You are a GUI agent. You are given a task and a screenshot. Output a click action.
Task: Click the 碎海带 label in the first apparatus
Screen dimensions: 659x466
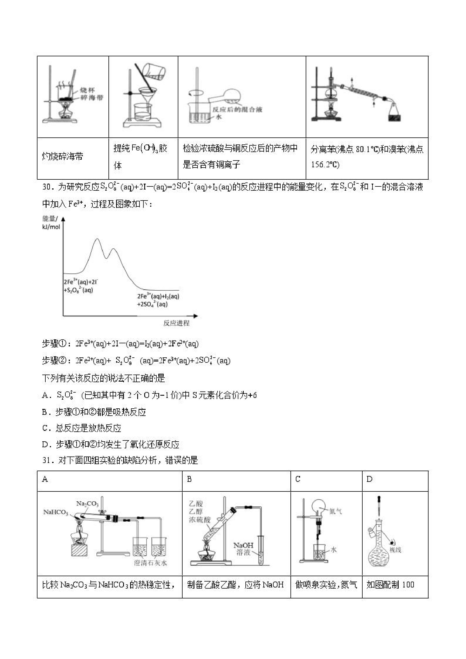click(92, 98)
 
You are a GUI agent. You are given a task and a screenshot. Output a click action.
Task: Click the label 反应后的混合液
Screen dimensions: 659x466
click(237, 109)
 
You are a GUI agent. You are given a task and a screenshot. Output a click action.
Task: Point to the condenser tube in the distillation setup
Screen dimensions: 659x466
click(363, 92)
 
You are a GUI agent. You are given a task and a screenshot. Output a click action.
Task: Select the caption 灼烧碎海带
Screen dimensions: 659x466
click(63, 156)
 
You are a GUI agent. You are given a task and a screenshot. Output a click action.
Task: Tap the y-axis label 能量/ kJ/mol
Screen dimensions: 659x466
click(51, 223)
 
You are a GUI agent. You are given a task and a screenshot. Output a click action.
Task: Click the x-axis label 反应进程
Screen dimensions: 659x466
click(176, 323)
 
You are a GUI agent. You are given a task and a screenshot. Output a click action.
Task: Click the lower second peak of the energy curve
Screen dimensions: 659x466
click(114, 249)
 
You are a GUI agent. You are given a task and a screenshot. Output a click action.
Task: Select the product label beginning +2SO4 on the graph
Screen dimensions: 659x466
click(152, 304)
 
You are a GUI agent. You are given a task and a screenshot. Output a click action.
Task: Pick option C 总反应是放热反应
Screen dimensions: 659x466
click(81, 428)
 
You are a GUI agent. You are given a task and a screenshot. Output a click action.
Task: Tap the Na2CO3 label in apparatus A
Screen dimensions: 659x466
click(87, 504)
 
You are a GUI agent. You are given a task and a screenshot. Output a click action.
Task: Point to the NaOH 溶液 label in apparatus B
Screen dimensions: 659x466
click(243, 549)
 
